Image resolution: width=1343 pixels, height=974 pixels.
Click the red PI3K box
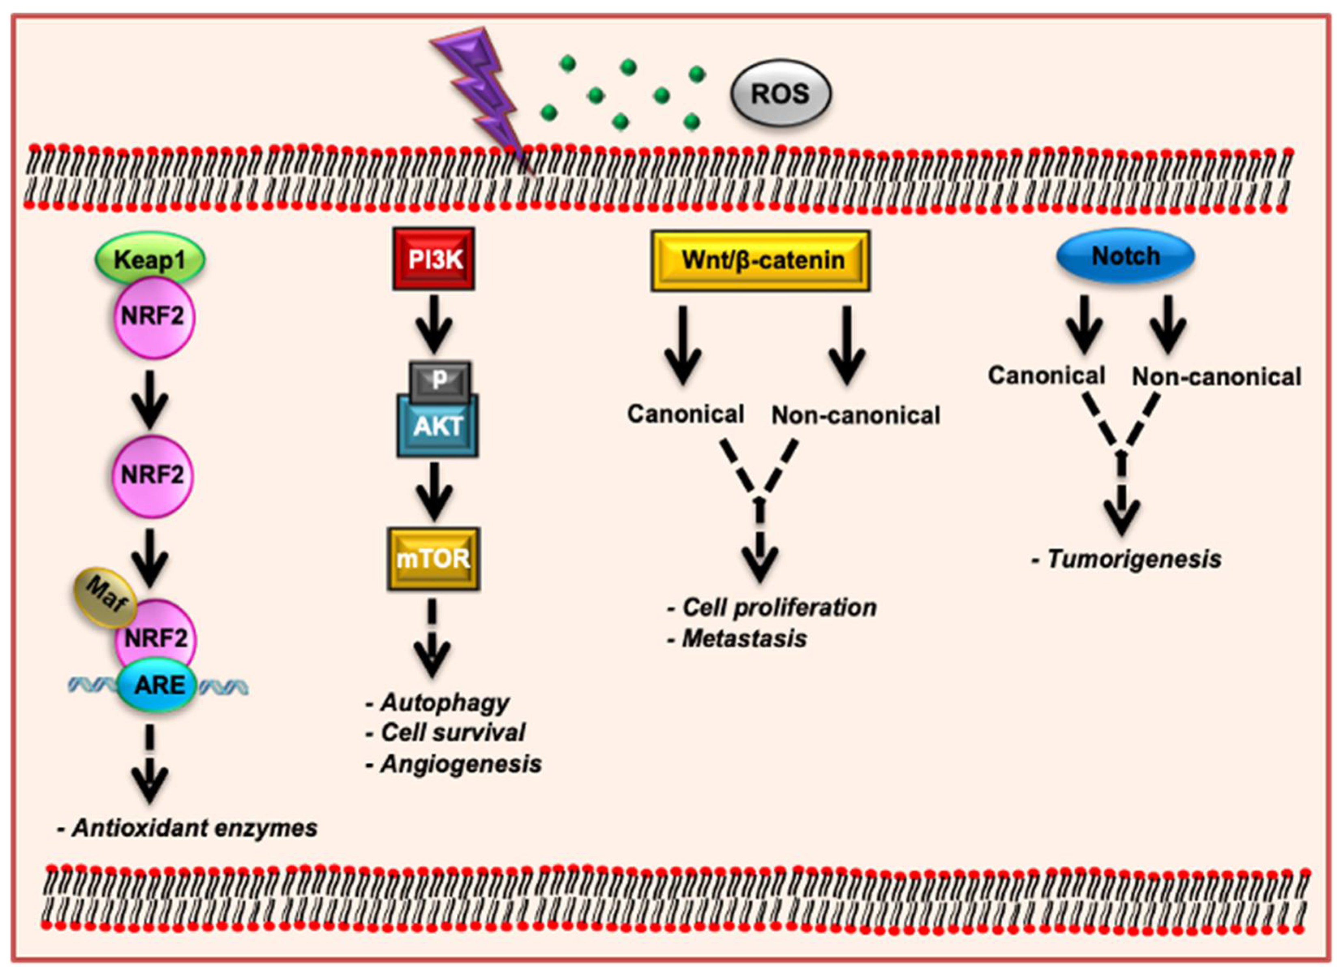point(434,259)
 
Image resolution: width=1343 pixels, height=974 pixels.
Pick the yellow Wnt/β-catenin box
point(760,260)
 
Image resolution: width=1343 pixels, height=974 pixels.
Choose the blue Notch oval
point(1125,256)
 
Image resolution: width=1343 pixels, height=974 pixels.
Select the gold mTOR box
point(434,558)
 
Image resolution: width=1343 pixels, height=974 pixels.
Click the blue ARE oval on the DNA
point(158,685)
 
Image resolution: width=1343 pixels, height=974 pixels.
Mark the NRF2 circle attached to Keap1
point(153,317)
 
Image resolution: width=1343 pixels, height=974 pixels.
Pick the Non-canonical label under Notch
point(1216,376)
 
